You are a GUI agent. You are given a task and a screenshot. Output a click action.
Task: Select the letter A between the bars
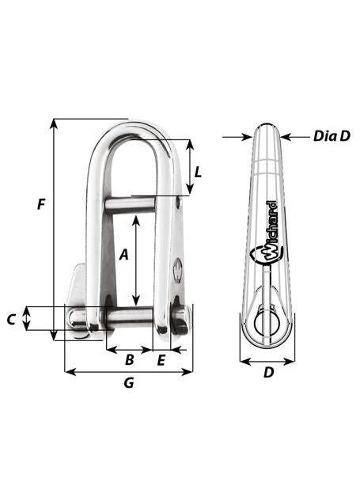123,255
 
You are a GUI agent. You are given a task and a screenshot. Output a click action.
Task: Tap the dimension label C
11,320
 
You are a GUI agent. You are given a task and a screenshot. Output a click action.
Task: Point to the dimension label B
129,361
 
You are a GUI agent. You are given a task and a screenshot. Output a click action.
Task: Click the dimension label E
161,361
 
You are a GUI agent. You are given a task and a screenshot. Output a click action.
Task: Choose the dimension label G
129,384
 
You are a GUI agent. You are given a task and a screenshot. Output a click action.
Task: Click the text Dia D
331,136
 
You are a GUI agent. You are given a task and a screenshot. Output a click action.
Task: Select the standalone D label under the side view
268,372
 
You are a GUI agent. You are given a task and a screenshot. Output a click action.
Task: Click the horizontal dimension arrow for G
128,371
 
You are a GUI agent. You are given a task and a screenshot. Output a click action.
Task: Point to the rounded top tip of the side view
267,127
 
